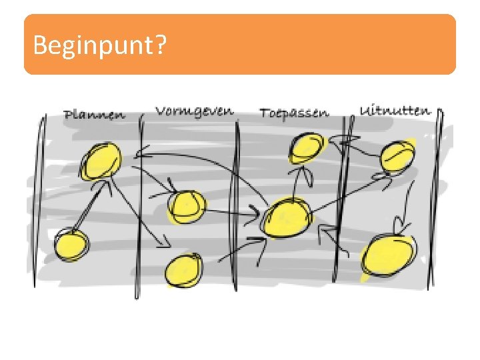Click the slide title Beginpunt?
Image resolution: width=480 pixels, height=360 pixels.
(x=100, y=45)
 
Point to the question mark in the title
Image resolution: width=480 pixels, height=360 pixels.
(x=161, y=45)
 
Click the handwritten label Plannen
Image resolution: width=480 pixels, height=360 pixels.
(x=94, y=114)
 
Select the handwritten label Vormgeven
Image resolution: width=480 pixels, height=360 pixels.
(x=195, y=110)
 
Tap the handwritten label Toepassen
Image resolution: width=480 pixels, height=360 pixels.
(x=294, y=112)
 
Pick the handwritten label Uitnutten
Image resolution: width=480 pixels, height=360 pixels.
(x=395, y=110)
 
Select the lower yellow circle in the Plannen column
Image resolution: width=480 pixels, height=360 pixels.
(x=71, y=245)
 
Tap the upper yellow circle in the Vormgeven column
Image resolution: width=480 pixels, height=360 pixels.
(x=185, y=206)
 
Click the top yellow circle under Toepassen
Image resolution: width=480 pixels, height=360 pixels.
(x=307, y=147)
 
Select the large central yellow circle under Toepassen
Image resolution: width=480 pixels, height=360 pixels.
(x=287, y=218)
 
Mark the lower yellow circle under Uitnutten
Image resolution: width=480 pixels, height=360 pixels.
(x=388, y=257)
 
